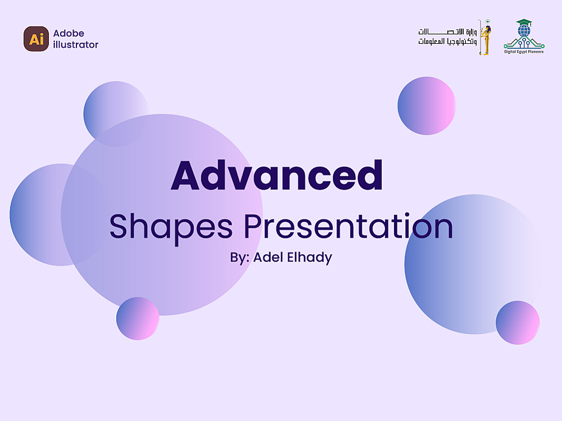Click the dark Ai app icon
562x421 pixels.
pyautogui.click(x=36, y=39)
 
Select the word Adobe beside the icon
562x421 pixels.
pyautogui.click(x=69, y=33)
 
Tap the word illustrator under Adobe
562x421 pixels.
pyautogui.click(x=76, y=44)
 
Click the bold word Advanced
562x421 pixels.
pyautogui.click(x=277, y=175)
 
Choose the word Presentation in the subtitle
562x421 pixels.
pyautogui.click(x=348, y=226)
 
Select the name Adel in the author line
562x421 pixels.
pyautogui.click(x=269, y=257)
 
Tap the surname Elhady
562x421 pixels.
pyautogui.click(x=310, y=258)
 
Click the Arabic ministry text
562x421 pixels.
pyautogui.click(x=447, y=37)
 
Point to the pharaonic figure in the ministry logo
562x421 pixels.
pyautogui.click(x=486, y=37)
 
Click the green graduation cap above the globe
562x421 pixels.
pyautogui.click(x=524, y=22)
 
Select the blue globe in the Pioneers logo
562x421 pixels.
pyautogui.click(x=524, y=31)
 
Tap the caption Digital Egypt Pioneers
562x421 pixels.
pyautogui.click(x=524, y=52)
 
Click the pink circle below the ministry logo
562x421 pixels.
pyautogui.click(x=427, y=106)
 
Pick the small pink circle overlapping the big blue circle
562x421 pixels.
pyautogui.click(x=518, y=323)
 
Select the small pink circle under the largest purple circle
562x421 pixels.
pyautogui.click(x=138, y=318)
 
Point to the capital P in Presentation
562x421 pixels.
pyautogui.click(x=255, y=226)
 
